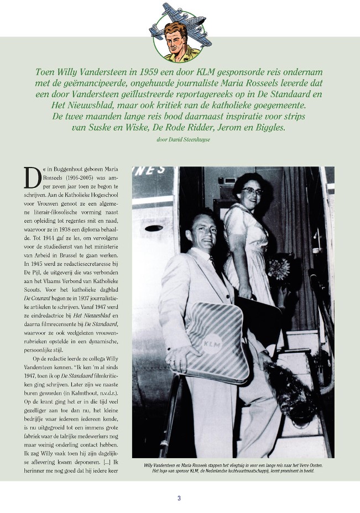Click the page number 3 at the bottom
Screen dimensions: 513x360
point(179,498)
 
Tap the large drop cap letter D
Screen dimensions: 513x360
point(32,177)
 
